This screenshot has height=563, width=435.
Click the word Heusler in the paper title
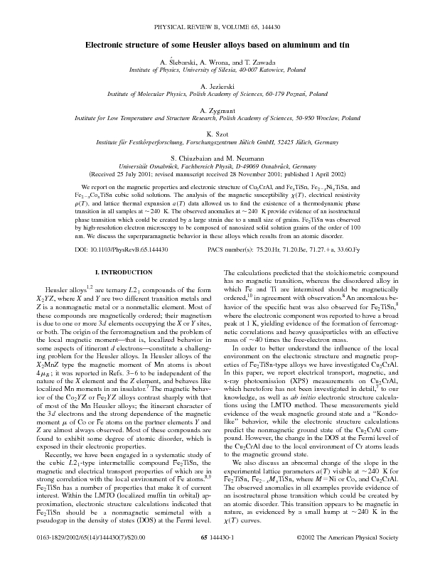[205, 44]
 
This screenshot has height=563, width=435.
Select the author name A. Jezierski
[217, 84]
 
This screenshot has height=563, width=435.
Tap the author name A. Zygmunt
[217, 110]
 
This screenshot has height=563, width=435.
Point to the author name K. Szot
[217, 133]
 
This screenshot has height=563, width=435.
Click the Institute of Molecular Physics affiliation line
[217, 94]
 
